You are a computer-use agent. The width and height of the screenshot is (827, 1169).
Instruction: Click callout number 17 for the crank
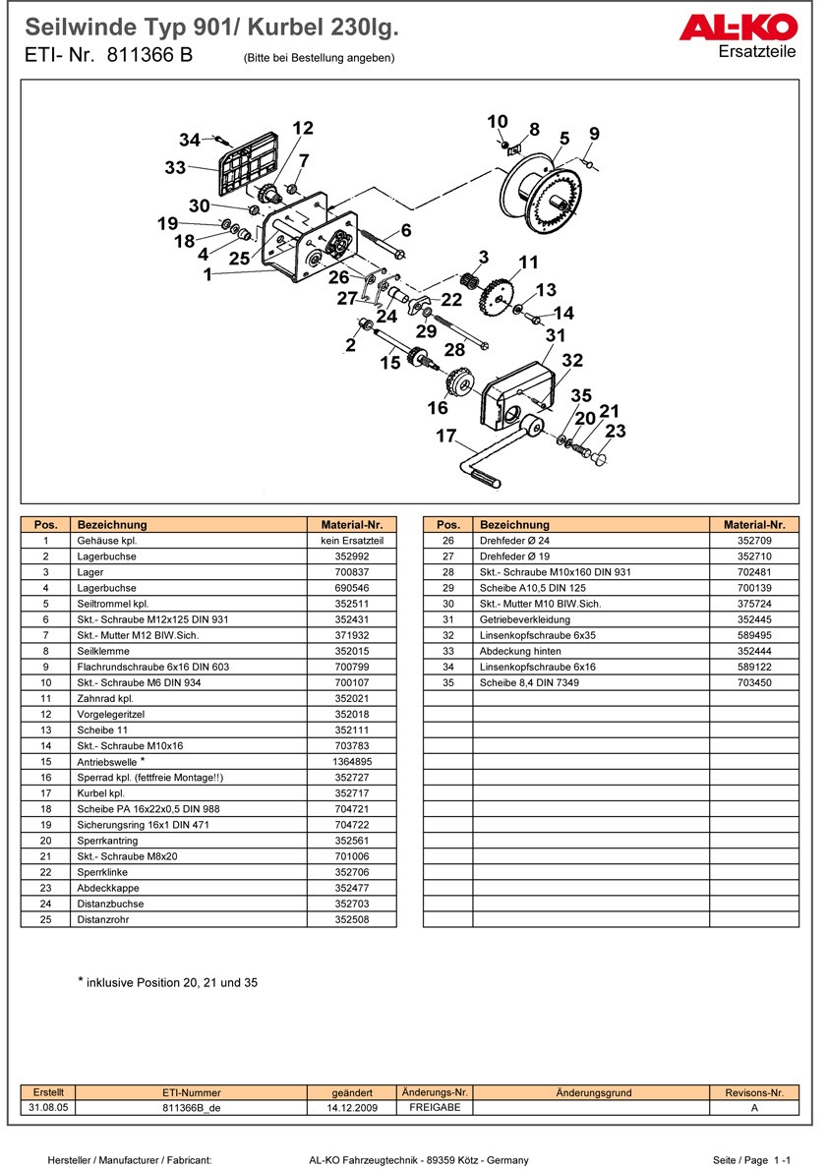coord(446,436)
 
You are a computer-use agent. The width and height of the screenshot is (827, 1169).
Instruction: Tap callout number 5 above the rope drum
coord(564,138)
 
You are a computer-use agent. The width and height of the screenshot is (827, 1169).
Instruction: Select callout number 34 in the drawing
coord(190,140)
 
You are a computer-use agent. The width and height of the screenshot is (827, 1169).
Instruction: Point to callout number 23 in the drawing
coord(616,432)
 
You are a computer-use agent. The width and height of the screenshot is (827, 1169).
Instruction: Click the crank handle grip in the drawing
coord(485,480)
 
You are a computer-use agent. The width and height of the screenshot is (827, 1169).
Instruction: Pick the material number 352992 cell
coord(351,556)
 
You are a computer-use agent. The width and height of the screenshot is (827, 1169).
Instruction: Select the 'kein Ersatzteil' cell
coord(351,541)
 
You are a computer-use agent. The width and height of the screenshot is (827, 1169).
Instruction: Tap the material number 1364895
coord(351,762)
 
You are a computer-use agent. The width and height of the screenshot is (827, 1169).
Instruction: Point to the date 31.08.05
coord(48,1107)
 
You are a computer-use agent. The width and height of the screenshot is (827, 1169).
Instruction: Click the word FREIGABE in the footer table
coord(434,1107)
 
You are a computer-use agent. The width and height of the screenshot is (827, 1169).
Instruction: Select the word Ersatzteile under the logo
coord(757,52)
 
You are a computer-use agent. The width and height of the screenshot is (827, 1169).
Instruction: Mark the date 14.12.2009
coord(352,1107)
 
